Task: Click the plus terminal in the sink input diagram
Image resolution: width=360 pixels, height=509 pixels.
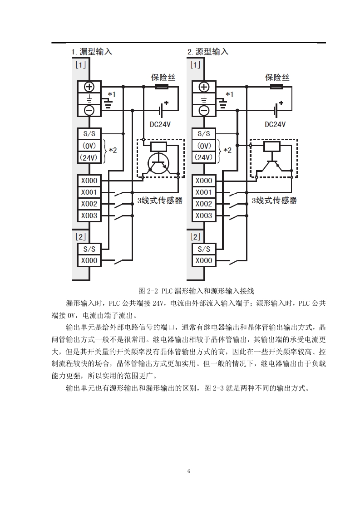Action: (x=89, y=87)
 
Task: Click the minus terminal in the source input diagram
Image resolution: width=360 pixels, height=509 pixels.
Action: (x=204, y=111)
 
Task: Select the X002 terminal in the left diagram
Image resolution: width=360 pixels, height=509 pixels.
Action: (x=89, y=204)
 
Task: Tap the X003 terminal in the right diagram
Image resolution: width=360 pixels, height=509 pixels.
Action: (x=204, y=215)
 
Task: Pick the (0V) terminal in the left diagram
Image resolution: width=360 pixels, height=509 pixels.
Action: (x=89, y=146)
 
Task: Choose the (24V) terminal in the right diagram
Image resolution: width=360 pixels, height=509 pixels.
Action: (x=204, y=157)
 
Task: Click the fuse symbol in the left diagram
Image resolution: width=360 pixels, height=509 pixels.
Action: (x=162, y=87)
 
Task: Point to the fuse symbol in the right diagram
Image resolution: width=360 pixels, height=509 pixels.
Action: (x=276, y=87)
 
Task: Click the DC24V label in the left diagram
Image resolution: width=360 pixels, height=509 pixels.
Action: (x=160, y=124)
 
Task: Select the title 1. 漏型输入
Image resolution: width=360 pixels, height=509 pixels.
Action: (x=92, y=52)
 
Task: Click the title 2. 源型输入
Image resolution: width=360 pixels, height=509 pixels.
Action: (x=208, y=52)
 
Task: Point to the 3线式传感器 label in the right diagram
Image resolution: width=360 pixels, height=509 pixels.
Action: (x=274, y=201)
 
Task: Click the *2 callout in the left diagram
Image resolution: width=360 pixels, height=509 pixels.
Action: (x=113, y=150)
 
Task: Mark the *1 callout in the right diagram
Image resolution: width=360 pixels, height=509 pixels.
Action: (x=229, y=94)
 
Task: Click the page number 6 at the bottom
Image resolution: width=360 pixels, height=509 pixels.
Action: (x=189, y=471)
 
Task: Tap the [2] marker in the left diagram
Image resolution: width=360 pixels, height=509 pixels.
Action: (x=80, y=237)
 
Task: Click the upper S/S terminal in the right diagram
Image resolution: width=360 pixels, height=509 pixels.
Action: (x=204, y=134)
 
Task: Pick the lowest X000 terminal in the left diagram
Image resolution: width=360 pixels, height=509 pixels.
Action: (x=89, y=260)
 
